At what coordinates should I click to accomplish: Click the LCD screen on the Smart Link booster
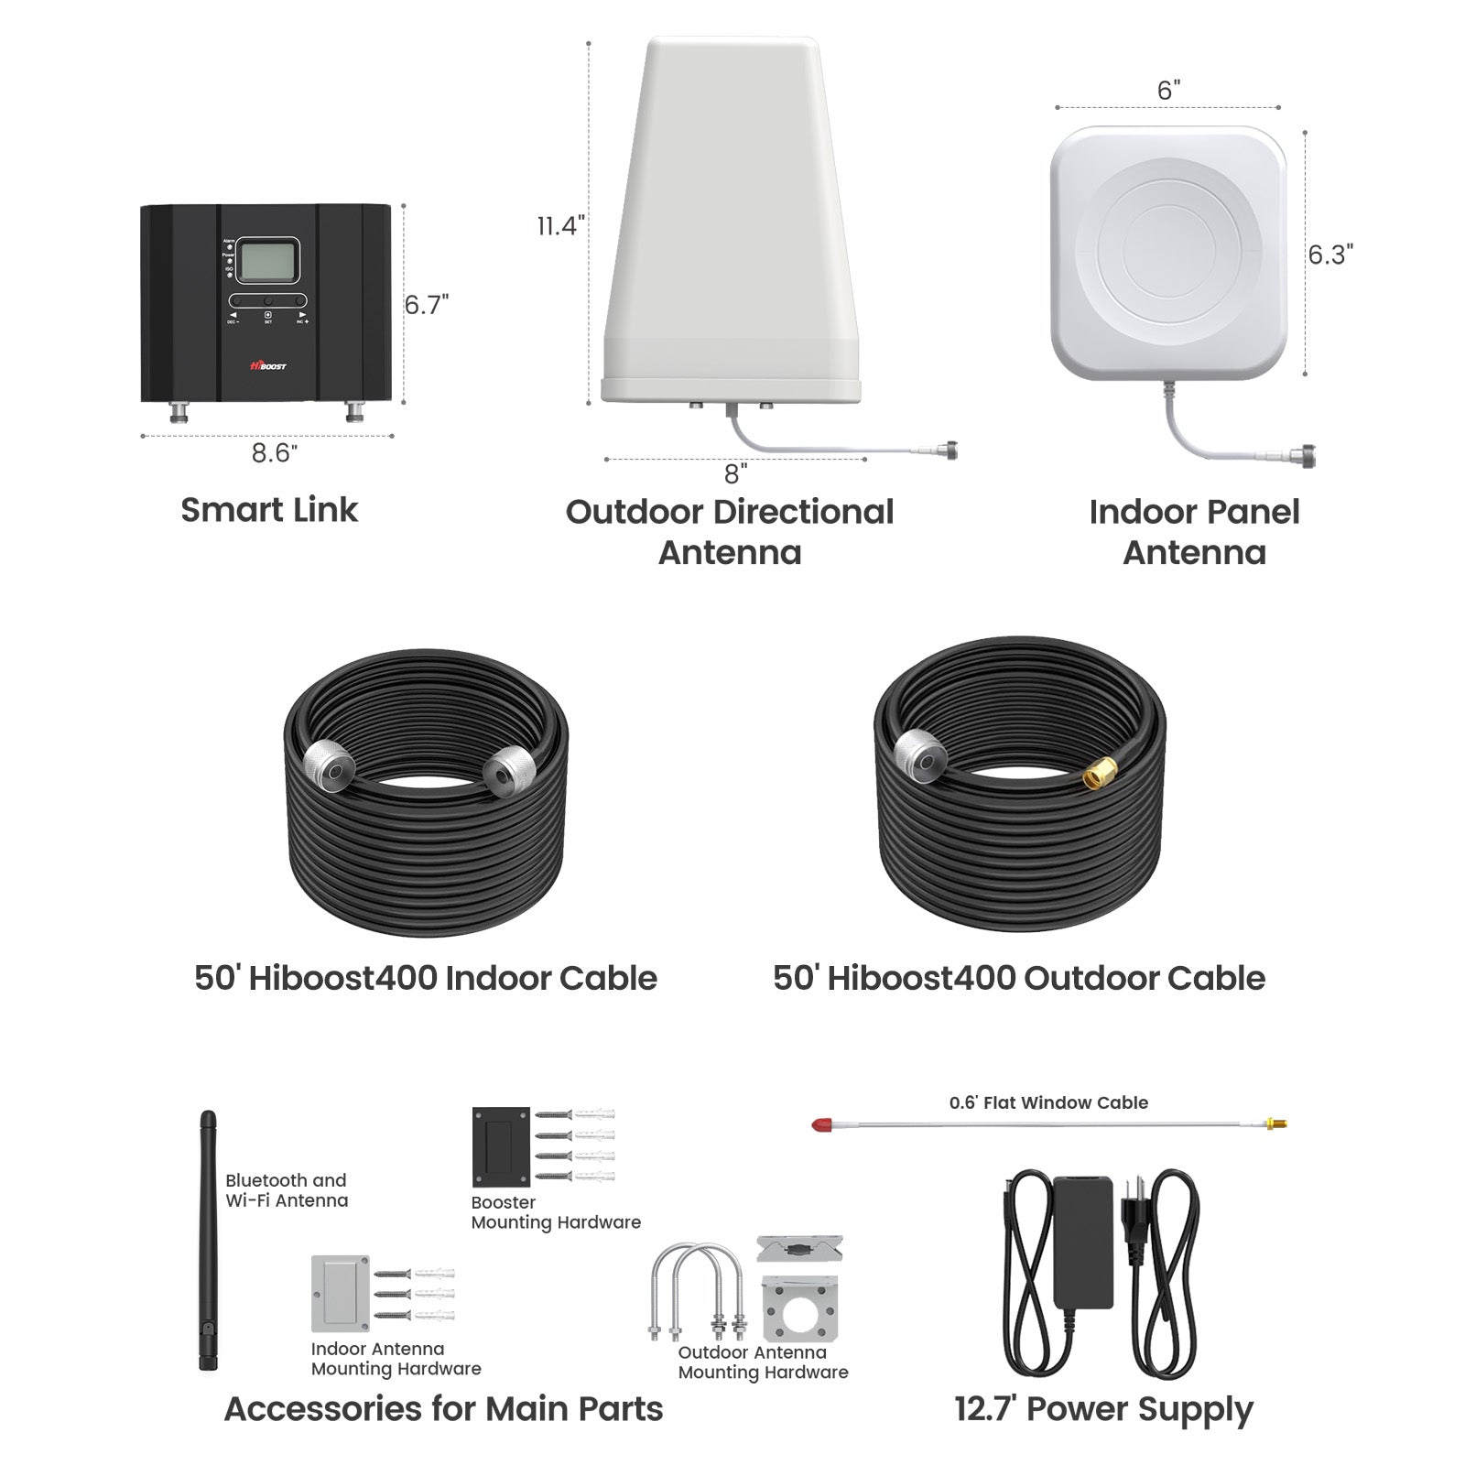click(x=267, y=261)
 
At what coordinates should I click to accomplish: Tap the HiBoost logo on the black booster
click(x=267, y=365)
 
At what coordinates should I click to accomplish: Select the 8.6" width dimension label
click(x=274, y=453)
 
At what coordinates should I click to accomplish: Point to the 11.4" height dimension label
click(x=559, y=225)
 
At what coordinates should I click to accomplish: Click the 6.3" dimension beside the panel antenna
click(x=1329, y=255)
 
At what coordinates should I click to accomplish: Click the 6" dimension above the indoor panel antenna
click(x=1168, y=91)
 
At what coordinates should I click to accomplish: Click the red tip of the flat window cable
click(x=822, y=1123)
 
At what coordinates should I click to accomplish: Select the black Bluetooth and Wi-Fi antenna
click(x=208, y=1241)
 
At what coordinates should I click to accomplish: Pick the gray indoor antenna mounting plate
click(x=340, y=1293)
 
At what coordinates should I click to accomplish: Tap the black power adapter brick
click(x=1082, y=1241)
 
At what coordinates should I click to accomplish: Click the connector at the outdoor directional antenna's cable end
click(x=950, y=450)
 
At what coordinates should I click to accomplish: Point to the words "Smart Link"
click(x=268, y=510)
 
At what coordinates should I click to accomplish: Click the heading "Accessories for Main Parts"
click(x=443, y=1408)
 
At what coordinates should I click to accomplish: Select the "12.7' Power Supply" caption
click(x=1103, y=1408)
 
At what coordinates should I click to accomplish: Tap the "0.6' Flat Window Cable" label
click(x=1048, y=1102)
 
